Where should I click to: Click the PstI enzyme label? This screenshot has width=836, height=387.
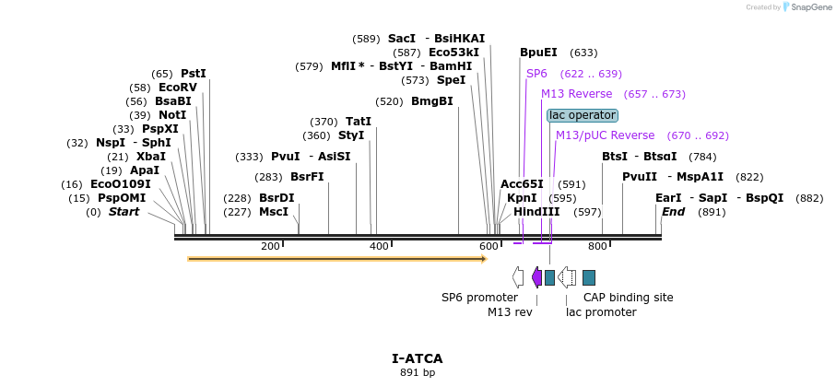coord(194,74)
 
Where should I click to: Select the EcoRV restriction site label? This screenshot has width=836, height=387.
coord(178,88)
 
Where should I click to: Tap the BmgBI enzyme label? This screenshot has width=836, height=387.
coord(432,101)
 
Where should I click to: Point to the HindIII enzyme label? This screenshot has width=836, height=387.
coord(536,212)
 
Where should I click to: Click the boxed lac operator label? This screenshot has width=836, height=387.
coord(582,115)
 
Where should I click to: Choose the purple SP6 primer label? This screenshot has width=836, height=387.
coord(536,74)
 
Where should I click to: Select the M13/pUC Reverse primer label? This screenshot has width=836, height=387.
coord(605,135)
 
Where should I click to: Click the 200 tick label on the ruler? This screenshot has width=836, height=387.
coord(270,246)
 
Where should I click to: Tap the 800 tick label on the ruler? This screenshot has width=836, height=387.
coord(597,246)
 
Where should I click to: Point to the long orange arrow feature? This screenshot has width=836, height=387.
coord(336,259)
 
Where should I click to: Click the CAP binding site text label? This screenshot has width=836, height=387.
coord(628,298)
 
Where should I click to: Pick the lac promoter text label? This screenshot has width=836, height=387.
coord(601,312)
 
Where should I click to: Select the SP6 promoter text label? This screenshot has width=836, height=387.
coord(479,298)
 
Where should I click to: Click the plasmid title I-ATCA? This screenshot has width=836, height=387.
coord(417,358)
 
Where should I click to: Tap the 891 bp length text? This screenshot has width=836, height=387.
coord(417,372)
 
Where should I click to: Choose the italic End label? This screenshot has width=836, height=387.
coord(673,212)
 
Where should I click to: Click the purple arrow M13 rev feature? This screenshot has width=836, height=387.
coord(536,277)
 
